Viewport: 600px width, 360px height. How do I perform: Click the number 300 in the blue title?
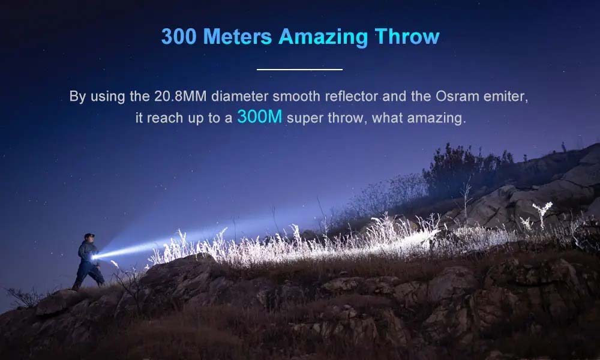click(179, 37)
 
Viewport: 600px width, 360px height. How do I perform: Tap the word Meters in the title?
click(237, 37)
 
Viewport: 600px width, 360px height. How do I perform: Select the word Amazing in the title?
click(323, 38)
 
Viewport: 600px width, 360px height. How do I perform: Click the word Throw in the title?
click(407, 37)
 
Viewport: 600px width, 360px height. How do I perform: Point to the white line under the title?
click(299, 70)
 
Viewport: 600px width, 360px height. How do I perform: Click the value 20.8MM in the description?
click(180, 97)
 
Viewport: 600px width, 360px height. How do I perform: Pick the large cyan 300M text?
click(260, 116)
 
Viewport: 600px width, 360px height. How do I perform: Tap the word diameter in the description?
click(239, 97)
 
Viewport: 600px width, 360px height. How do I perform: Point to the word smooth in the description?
click(296, 97)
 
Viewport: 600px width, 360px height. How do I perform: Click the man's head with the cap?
click(89, 238)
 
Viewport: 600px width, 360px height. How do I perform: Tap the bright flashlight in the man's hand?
click(94, 257)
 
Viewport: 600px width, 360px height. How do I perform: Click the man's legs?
click(88, 274)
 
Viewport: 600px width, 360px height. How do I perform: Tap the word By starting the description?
click(77, 97)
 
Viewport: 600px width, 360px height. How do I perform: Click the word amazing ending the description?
click(436, 119)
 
